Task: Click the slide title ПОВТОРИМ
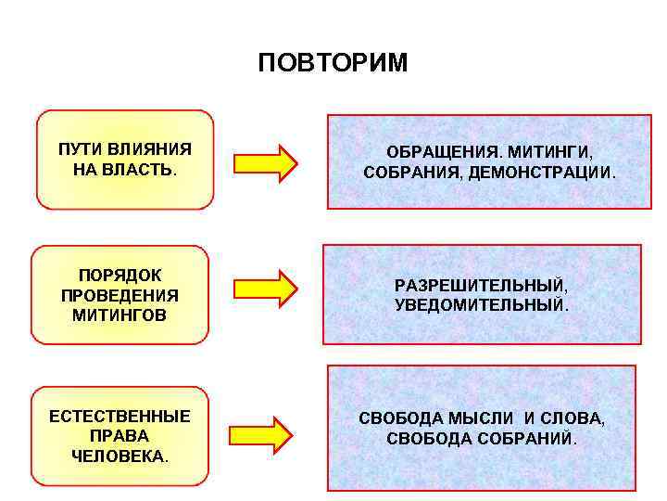pos(333,62)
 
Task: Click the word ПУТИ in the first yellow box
pos(77,149)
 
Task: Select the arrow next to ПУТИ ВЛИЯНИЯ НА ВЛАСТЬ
pos(265,162)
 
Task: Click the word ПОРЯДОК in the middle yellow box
pos(119,276)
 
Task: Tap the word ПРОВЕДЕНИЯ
pos(119,295)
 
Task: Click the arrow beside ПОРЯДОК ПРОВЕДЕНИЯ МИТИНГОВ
pos(265,289)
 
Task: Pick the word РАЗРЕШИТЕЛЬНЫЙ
pos(481,285)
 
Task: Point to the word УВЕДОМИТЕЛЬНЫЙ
pos(481,304)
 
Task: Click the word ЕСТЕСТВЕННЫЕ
pos(120,417)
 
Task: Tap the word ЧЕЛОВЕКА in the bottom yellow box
pos(118,456)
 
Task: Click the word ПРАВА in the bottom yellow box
pos(120,436)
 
